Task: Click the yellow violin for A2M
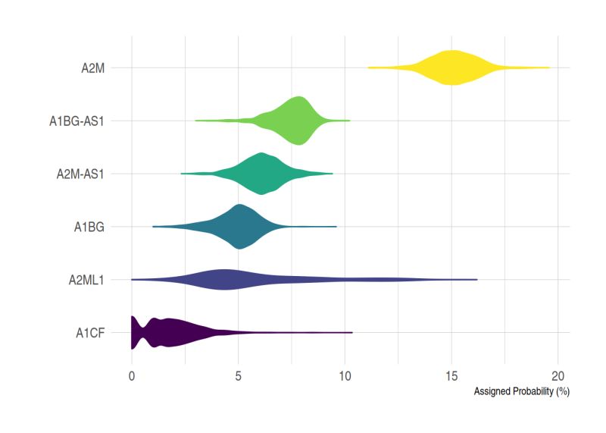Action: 451,67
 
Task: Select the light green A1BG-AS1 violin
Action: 299,121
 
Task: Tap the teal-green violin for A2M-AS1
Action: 262,174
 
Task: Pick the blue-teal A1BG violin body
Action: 239,226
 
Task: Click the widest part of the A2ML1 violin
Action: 224,279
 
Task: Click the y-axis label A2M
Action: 92,67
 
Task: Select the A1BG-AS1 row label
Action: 76,121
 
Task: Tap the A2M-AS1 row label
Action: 80,174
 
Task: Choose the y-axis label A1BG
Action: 89,226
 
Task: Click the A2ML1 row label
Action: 86,279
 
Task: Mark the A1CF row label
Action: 89,332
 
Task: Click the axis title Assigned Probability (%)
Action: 520,392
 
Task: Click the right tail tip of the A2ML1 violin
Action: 476,279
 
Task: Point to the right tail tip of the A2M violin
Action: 548,67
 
